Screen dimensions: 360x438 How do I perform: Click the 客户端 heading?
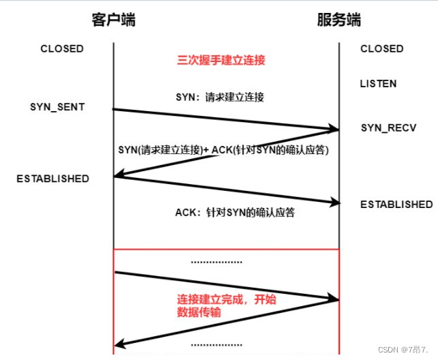pyautogui.click(x=113, y=20)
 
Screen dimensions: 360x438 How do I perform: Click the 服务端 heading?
pyautogui.click(x=339, y=20)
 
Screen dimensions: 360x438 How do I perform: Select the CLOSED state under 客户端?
pyautogui.click(x=62, y=49)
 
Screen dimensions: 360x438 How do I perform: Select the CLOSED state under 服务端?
pyautogui.click(x=381, y=49)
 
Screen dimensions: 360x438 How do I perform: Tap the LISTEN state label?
pyautogui.click(x=378, y=84)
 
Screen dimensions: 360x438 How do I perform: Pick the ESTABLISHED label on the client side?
pyautogui.click(x=53, y=179)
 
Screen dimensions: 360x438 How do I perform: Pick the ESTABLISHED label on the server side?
pyautogui.click(x=396, y=205)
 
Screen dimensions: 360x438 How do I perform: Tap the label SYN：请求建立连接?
pyautogui.click(x=219, y=97)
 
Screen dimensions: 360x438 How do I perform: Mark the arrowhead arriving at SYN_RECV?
pyautogui.click(x=334, y=129)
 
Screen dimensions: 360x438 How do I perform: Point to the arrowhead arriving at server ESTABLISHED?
pyautogui.click(x=334, y=203)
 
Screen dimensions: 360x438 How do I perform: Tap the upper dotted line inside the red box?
pyautogui.click(x=216, y=262)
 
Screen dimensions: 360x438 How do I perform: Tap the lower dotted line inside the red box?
pyautogui.click(x=216, y=344)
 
